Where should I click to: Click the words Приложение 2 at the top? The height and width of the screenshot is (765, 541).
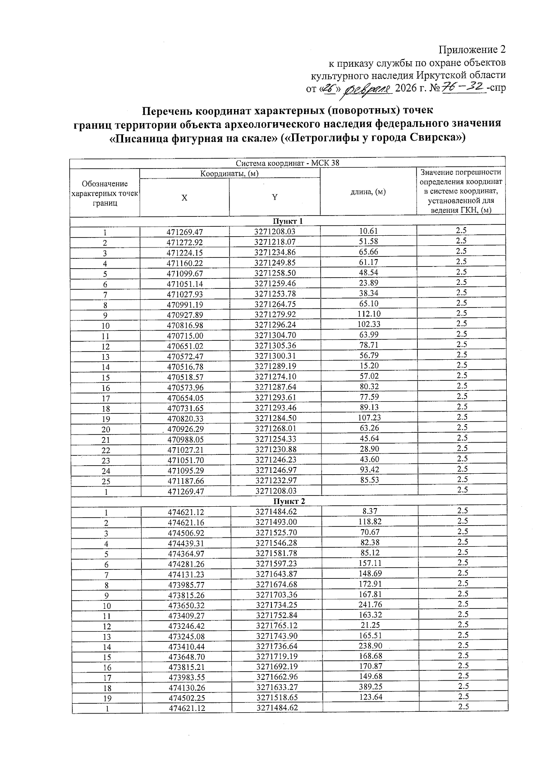[x=472, y=49]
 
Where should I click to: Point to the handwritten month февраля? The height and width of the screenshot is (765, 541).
[x=368, y=89]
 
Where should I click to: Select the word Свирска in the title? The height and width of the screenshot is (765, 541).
[x=435, y=137]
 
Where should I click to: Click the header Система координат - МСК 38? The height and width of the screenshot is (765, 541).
[x=287, y=163]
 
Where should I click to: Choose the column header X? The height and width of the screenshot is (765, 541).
[x=184, y=197]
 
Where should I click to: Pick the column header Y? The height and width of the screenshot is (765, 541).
[x=274, y=197]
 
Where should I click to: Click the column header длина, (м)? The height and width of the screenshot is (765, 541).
[x=368, y=192]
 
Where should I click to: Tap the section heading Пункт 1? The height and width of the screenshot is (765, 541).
[x=287, y=221]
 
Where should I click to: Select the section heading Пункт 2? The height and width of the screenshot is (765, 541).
[x=289, y=501]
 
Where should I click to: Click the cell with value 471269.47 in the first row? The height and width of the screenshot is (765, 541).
[x=185, y=232]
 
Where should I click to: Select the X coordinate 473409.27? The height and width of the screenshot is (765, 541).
[x=186, y=616]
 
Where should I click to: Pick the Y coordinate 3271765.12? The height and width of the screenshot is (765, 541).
[x=276, y=626]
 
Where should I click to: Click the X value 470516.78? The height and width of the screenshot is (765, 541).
[x=185, y=366]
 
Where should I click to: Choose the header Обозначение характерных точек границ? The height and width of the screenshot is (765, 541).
[x=105, y=193]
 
